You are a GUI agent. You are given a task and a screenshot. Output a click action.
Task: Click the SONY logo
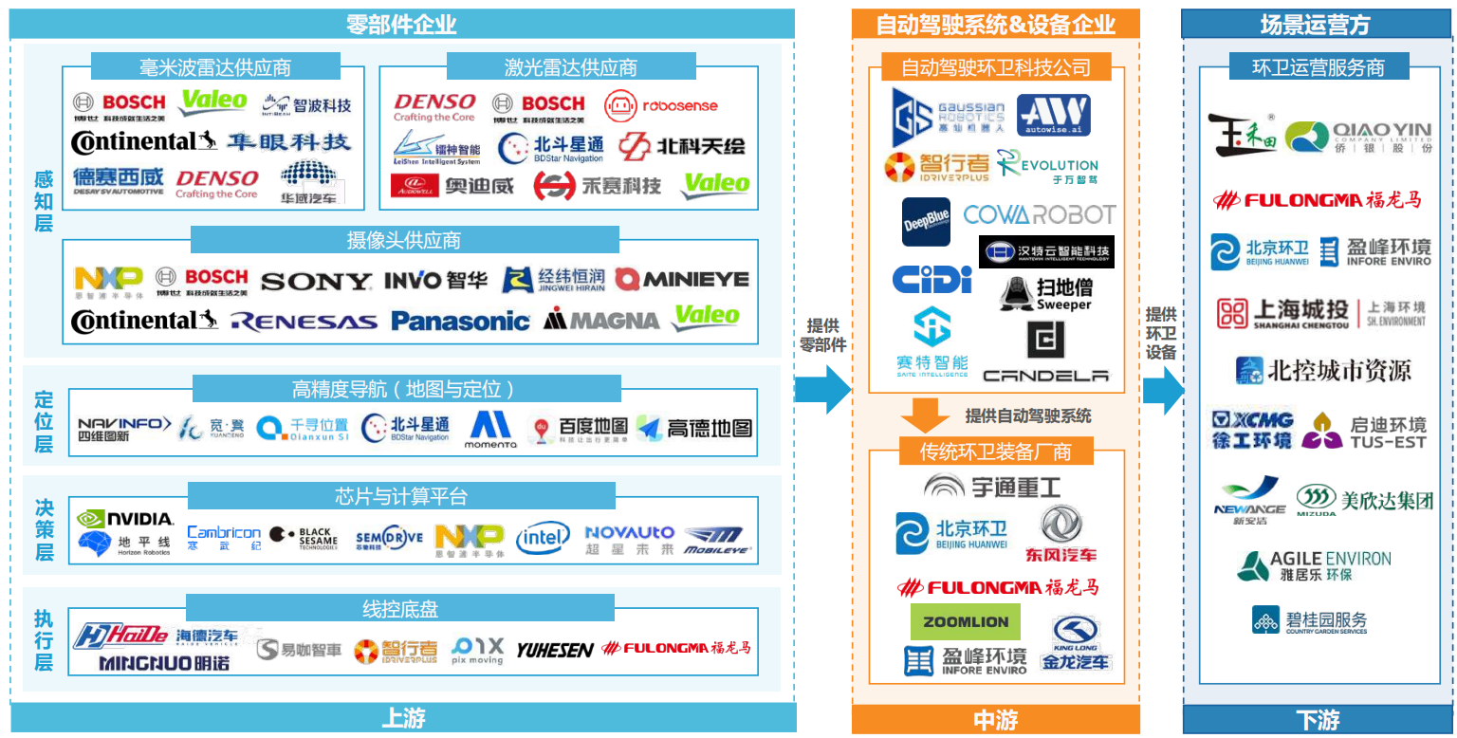pos(316,282)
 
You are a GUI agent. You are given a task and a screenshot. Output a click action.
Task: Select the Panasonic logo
pos(460,321)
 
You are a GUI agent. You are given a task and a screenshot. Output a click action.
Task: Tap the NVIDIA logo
pos(125,519)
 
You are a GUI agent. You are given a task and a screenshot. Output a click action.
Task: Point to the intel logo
pos(543,539)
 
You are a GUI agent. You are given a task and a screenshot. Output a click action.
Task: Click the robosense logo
pos(661,106)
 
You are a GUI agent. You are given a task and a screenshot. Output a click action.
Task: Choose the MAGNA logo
pos(601,321)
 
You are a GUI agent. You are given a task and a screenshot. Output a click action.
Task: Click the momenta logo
pos(490,430)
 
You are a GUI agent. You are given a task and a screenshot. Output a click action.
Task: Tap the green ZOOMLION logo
pos(966,622)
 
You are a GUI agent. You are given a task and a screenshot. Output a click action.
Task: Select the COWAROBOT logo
pos(1039,214)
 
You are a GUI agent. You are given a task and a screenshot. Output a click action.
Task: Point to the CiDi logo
pos(932,280)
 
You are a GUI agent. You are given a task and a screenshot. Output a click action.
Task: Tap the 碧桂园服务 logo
pos(1309,621)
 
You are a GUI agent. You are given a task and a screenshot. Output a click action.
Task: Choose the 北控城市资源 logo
pos(1323,371)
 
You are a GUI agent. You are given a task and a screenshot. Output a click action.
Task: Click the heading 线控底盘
pos(400,608)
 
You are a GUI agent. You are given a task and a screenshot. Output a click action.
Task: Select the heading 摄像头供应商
pos(404,240)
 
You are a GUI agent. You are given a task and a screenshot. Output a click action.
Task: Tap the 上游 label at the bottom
pos(402,718)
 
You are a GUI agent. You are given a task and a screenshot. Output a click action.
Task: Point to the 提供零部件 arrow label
pos(822,335)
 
